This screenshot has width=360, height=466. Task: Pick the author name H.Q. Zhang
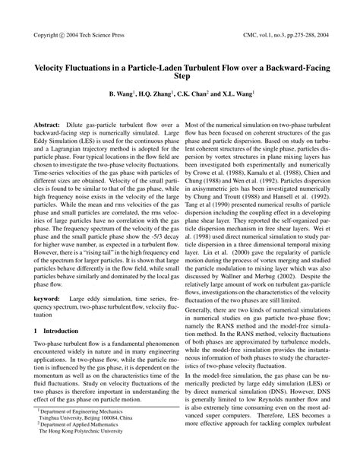[154, 95]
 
